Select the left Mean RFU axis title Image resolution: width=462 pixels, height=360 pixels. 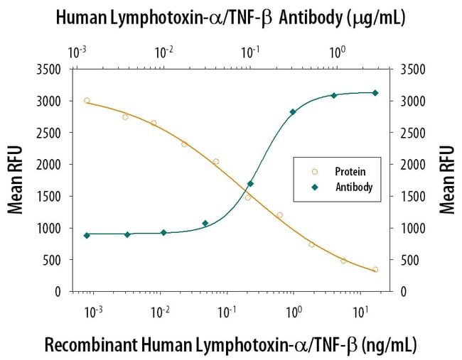[16, 180]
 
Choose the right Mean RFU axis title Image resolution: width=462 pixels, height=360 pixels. [446, 180]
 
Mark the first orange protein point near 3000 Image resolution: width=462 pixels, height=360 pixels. [87, 101]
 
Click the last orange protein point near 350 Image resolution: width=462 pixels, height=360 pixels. [375, 270]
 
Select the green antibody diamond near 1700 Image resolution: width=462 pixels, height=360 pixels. [250, 184]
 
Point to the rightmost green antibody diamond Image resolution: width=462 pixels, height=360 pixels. [375, 93]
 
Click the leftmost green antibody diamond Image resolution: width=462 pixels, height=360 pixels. [87, 235]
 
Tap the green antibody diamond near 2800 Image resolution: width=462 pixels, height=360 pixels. [293, 111]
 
